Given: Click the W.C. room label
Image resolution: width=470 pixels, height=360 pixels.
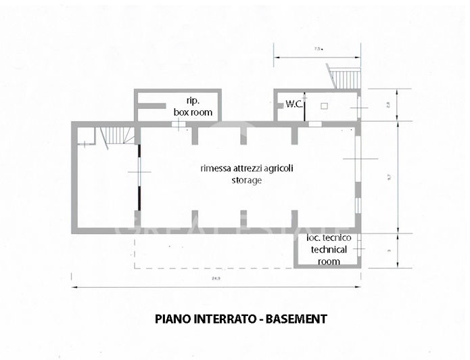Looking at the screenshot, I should pos(293,104).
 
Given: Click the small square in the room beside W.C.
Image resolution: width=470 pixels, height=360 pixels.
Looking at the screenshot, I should pos(324,106).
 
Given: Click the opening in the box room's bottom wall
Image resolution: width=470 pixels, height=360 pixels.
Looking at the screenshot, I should pos(177,123).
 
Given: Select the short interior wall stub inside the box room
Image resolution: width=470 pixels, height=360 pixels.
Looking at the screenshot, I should pos(153,105).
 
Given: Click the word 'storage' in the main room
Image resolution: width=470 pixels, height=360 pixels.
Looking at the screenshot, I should pos(246,181).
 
